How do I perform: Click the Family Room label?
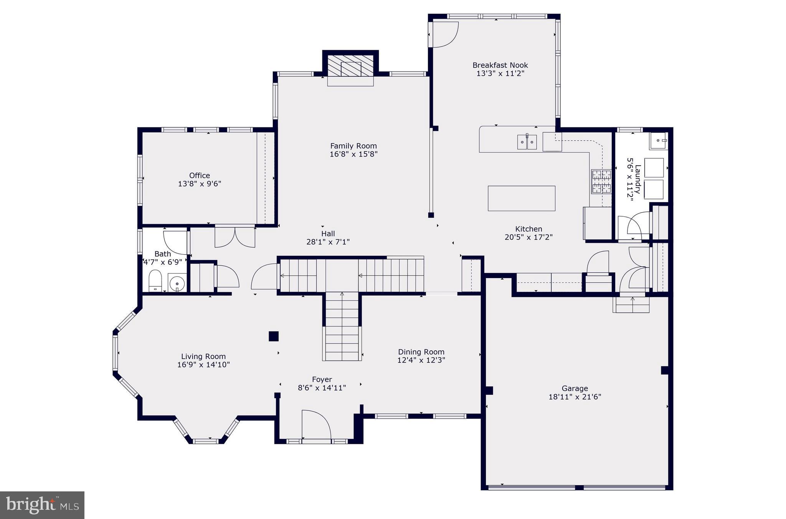click(x=353, y=146)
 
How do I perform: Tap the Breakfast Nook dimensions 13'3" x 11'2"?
click(x=500, y=74)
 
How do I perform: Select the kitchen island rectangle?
click(x=521, y=198)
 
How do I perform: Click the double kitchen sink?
click(x=527, y=142)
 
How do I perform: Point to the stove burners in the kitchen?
click(x=601, y=182)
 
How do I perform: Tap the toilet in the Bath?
click(x=155, y=281)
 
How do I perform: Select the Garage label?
click(x=575, y=389)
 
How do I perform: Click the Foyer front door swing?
click(x=316, y=424)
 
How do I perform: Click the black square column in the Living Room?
click(x=273, y=336)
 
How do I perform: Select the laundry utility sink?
click(x=658, y=141)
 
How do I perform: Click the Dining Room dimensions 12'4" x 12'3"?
click(x=421, y=360)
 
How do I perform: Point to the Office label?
click(x=200, y=175)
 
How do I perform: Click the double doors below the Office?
click(x=234, y=237)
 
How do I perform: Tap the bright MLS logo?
click(x=42, y=505)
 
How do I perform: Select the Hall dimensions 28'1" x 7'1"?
click(x=328, y=242)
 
